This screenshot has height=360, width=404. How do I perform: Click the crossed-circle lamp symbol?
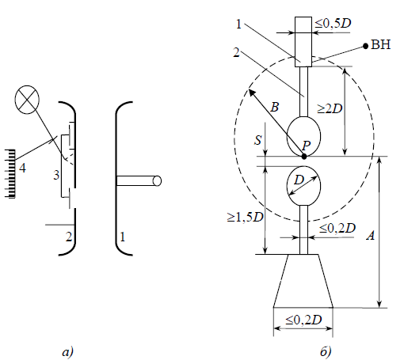tap(27, 100)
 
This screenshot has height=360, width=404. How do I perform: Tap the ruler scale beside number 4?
tap(10, 173)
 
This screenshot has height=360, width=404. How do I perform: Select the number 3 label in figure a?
tap(56, 175)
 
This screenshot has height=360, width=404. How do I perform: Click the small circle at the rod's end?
tap(157, 181)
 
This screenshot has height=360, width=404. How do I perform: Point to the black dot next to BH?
tap(365, 46)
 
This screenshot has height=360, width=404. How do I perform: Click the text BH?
tap(381, 44)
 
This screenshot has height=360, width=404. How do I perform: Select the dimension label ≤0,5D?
tap(333, 24)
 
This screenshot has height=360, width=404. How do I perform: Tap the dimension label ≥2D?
tap(330, 108)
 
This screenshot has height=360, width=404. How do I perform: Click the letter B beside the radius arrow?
tap(275, 107)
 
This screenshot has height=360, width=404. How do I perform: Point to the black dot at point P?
tap(304, 157)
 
